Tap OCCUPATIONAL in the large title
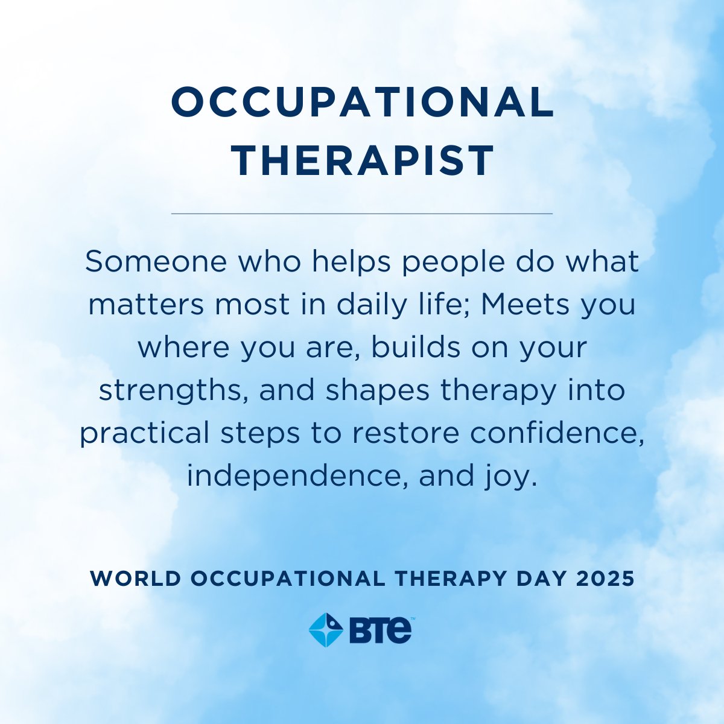(363, 103)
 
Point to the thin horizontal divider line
(362, 214)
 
